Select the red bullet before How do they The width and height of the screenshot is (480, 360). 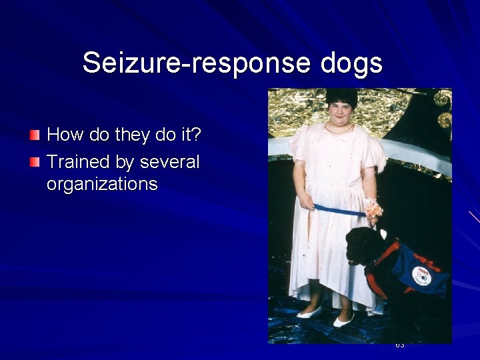[x=35, y=135]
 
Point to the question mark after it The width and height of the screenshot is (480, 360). [x=195, y=135]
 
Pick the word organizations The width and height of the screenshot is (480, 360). [x=102, y=184]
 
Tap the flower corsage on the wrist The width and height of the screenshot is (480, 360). [x=373, y=209]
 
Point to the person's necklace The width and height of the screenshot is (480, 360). [x=339, y=130]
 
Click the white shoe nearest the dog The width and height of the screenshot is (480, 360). [x=343, y=321]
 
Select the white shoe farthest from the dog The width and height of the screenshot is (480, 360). [x=309, y=312]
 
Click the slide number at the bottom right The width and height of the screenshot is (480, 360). [x=400, y=345]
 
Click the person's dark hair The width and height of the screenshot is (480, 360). [x=341, y=97]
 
